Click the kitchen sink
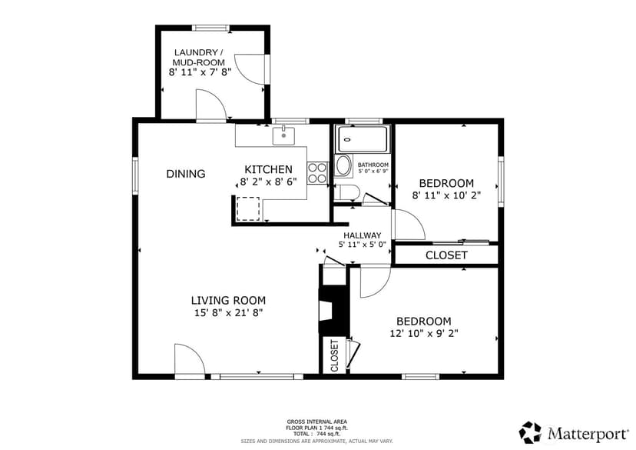(x=283, y=135)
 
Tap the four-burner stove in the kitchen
(x=317, y=173)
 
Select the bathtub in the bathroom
(x=363, y=139)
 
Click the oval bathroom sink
(x=344, y=165)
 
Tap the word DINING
(x=186, y=174)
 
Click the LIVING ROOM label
(x=228, y=301)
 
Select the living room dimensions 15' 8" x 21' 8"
(x=229, y=313)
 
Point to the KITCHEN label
(x=268, y=169)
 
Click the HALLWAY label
(x=363, y=235)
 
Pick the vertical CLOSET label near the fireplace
(x=335, y=356)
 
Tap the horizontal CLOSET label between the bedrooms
(x=446, y=255)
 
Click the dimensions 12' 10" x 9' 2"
(x=424, y=333)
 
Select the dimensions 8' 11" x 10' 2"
(x=446, y=195)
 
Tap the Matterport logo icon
(x=530, y=432)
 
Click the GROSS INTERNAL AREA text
(x=316, y=422)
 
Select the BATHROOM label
(x=373, y=165)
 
